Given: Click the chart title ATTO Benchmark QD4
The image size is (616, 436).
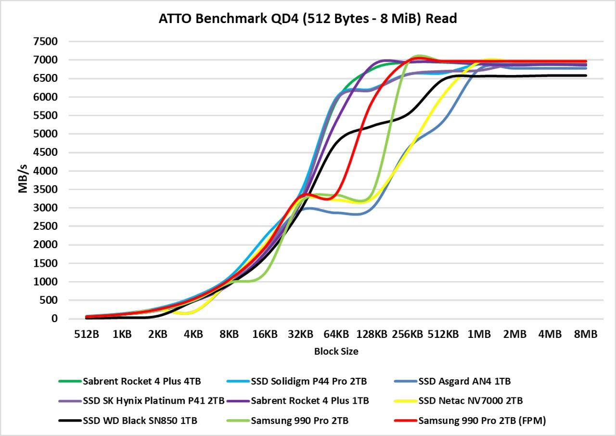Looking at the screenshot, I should coord(308,19).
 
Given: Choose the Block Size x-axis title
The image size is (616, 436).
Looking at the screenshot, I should coord(336,351).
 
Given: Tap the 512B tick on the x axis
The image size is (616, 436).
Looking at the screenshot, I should coord(87,334).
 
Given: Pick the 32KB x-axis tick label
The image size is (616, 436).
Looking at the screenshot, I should coord(300,334).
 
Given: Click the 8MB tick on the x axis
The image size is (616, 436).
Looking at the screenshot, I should coord(586,334).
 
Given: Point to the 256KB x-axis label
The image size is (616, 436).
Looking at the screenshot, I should coord(407,334).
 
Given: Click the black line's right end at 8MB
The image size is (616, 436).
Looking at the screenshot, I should coord(586,75).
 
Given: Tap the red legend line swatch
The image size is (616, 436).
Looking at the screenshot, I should coord(405,421).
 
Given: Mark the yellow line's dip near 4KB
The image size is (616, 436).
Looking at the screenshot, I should coord(185,313).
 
